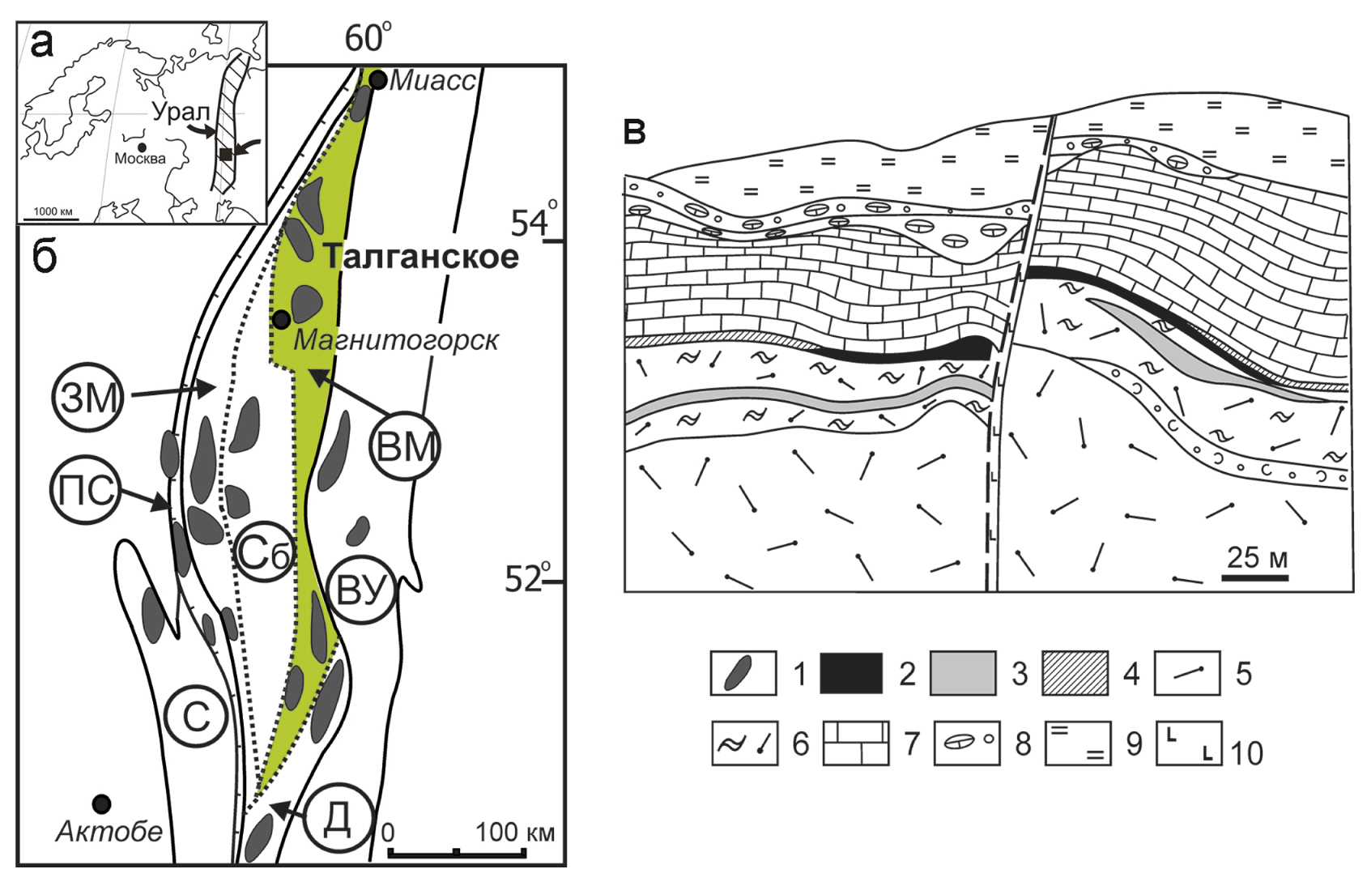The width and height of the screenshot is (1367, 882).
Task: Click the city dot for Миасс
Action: (x=378, y=80)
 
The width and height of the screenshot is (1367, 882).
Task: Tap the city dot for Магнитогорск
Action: (x=281, y=318)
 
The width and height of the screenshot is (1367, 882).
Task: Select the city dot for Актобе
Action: (x=101, y=803)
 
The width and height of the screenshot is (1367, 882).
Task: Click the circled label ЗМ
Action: (x=88, y=398)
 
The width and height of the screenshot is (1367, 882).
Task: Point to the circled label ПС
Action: (x=86, y=489)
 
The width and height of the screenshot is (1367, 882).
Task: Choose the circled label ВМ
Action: (x=405, y=446)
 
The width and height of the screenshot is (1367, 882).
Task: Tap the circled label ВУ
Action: (x=361, y=590)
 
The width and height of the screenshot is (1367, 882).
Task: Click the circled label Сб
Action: (x=264, y=553)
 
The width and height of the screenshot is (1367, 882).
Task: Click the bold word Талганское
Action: (x=421, y=257)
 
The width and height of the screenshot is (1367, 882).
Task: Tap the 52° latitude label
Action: (x=527, y=577)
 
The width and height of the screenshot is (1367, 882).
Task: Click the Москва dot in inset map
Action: (x=143, y=147)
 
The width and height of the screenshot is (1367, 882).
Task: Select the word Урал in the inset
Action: (x=181, y=112)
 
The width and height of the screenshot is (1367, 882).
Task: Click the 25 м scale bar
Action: (x=1254, y=577)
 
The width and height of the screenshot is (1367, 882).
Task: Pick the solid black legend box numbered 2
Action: (x=851, y=673)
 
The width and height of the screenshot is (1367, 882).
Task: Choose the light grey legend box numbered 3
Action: (x=962, y=673)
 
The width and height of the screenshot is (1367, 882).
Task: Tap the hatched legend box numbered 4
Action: (x=1075, y=673)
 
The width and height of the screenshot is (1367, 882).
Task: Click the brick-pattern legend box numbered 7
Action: (x=856, y=744)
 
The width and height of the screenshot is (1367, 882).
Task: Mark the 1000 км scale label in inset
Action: (x=53, y=211)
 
